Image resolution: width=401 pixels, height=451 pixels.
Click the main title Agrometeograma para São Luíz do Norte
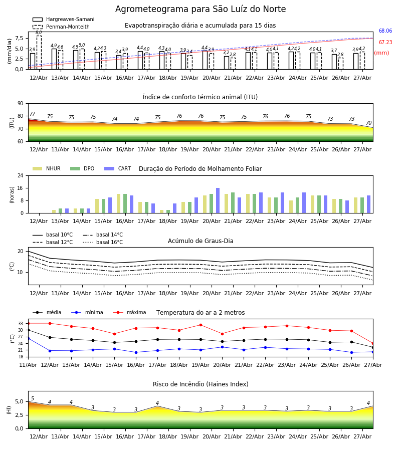pyautogui.click(x=200, y=9)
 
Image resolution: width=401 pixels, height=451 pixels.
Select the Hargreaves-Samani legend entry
pyautogui.click(x=64, y=19)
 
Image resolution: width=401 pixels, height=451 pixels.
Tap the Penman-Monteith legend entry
pyautogui.click(x=61, y=27)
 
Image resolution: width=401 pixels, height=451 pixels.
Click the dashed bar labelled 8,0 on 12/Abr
pyautogui.click(x=39, y=52)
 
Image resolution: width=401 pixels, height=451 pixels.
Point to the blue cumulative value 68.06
pyautogui.click(x=385, y=31)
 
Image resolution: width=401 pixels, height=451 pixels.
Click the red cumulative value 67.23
pyautogui.click(x=385, y=42)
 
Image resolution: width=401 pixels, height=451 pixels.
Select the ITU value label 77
pyautogui.click(x=33, y=114)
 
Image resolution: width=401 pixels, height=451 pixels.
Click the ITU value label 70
pyautogui.click(x=368, y=123)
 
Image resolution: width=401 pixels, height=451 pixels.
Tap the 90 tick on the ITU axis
pyautogui.click(x=21, y=104)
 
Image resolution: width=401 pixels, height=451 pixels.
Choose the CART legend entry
pyautogui.click(x=118, y=168)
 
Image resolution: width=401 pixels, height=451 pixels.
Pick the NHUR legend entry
pyautogui.click(x=47, y=168)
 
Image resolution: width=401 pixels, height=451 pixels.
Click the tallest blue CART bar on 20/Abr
pyautogui.click(x=218, y=200)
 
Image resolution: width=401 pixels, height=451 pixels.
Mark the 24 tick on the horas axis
pyautogui.click(x=21, y=175)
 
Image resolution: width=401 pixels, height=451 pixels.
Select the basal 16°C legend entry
pyautogui.click(x=103, y=242)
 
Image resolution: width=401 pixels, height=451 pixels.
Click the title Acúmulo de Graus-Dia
pyautogui.click(x=200, y=241)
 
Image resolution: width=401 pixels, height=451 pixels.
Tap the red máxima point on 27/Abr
pyautogui.click(x=373, y=343)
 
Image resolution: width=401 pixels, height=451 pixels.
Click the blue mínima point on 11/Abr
pyautogui.click(x=28, y=339)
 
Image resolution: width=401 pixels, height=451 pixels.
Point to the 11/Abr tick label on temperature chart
pyautogui.click(x=28, y=365)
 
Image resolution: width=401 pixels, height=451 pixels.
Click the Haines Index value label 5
pyautogui.click(x=33, y=398)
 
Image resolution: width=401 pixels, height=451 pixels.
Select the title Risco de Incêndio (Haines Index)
pyautogui.click(x=200, y=384)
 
